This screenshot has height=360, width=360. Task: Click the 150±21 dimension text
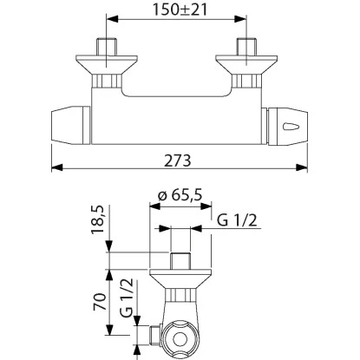tap(180, 10)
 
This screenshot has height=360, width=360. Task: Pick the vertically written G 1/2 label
tap(128, 298)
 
